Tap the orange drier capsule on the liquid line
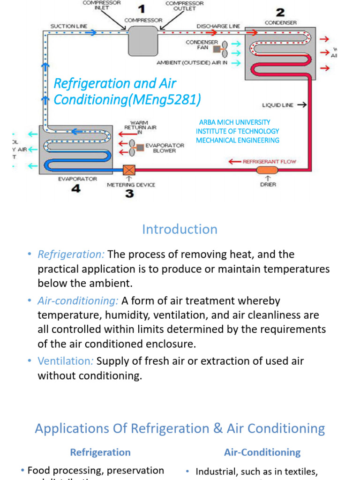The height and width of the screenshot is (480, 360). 268,169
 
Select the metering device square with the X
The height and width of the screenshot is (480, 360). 129,170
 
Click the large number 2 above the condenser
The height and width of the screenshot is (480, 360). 280,12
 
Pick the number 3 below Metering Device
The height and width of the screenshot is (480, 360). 129,193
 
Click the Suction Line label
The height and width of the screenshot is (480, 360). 68,26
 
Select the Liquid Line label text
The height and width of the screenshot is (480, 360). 277,105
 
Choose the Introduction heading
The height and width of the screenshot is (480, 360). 180,229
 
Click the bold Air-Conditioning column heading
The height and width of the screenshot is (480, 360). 262,452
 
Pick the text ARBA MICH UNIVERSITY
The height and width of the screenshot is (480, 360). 234,122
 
